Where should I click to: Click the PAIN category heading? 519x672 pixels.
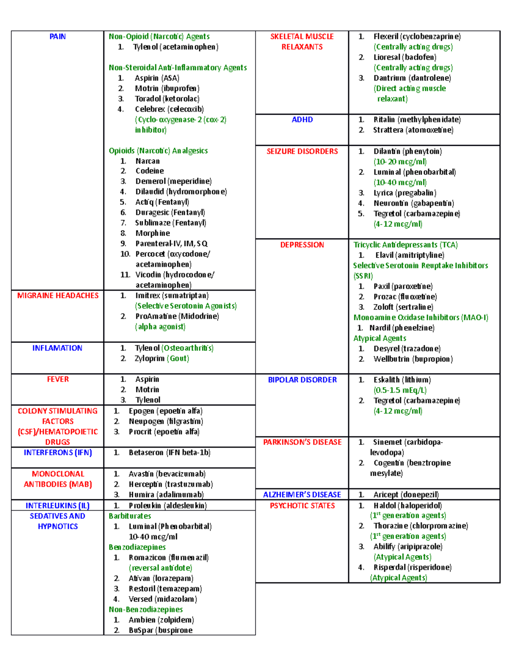click(x=58, y=37)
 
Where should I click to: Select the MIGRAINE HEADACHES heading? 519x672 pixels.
click(x=58, y=296)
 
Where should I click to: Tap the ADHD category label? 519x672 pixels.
click(x=302, y=120)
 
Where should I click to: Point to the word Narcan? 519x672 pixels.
click(x=147, y=161)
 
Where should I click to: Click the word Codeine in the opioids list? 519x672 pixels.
click(x=150, y=171)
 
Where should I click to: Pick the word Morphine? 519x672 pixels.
click(x=153, y=233)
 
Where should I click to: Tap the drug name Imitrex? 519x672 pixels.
click(x=148, y=296)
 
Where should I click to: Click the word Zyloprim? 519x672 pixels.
click(x=150, y=358)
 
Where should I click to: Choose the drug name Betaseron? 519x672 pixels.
click(x=146, y=453)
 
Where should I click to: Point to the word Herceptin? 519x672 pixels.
click(x=146, y=484)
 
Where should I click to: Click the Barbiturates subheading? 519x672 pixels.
click(x=130, y=516)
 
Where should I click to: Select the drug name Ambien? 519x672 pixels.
click(x=142, y=620)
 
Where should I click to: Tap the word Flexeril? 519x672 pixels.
click(x=386, y=37)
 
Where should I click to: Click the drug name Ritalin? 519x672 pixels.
click(x=384, y=120)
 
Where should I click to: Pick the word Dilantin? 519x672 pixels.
click(x=387, y=151)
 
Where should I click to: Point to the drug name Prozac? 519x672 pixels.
click(x=384, y=297)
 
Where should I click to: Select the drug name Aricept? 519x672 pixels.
click(x=386, y=495)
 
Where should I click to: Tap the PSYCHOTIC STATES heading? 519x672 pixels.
click(x=302, y=505)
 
